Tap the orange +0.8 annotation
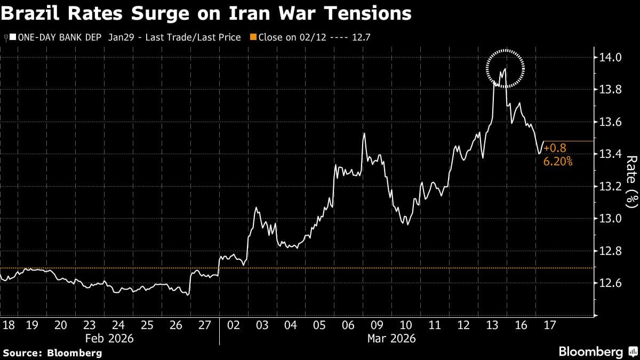point(555,148)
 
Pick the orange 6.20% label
point(558,161)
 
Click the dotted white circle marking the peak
point(505,68)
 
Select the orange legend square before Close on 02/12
point(254,37)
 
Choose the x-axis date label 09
point(377,326)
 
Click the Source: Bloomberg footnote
point(52,353)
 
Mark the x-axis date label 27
point(204,326)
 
